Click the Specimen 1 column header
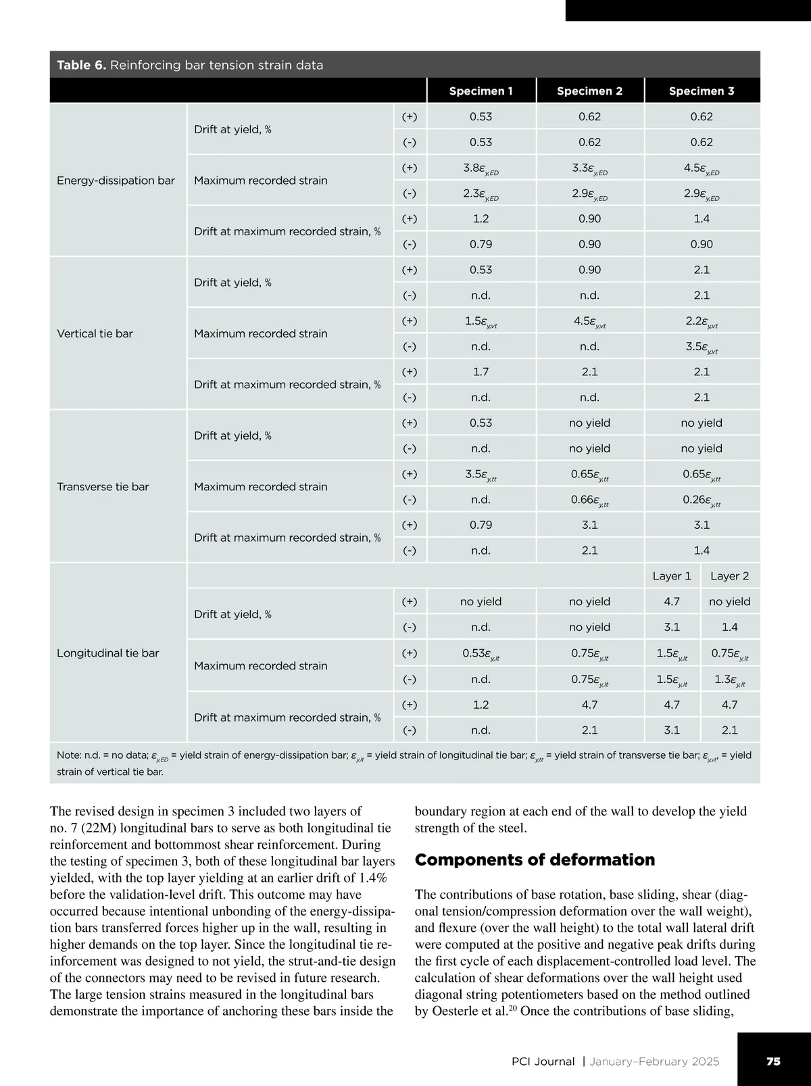pos(481,91)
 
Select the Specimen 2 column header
pos(589,91)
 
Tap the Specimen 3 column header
pos(702,91)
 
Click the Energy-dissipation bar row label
pos(116,181)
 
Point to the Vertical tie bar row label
pos(95,333)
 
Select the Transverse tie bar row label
pos(103,487)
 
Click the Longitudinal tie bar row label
pos(107,653)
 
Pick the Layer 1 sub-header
pos(672,576)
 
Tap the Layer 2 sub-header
pos(729,576)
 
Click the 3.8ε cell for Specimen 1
pos(481,168)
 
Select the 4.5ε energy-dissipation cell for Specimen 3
pos(702,168)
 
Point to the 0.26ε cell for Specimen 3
pos(702,500)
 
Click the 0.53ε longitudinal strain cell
pos(481,654)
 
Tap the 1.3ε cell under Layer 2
pos(729,680)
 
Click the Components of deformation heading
pos(535,860)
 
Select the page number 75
pos(773,1061)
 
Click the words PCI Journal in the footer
pos(543,1062)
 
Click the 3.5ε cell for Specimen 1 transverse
pos(481,475)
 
